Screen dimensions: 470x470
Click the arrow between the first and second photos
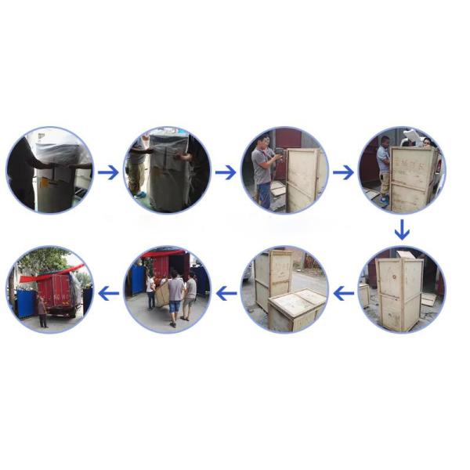pos(108,172)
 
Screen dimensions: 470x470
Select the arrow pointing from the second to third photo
pos(226,172)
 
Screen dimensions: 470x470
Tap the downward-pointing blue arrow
pos(401,230)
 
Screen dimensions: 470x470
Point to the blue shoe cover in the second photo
pos(139,193)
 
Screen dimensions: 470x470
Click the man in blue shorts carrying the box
pos(175,296)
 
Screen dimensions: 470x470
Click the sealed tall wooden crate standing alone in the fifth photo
pos(399,292)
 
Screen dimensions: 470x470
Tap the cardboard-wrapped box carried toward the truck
pos(163,295)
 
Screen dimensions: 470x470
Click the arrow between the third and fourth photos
pos(343,172)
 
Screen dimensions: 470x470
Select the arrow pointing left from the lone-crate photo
pos(343,294)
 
